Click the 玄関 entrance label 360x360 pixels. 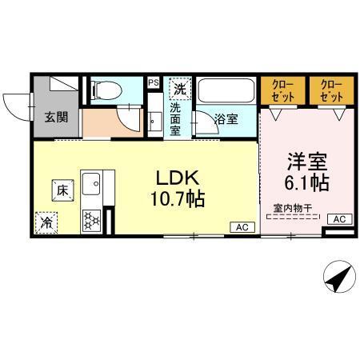[56, 118]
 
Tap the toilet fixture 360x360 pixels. [102, 90]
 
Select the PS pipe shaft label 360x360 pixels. [153, 82]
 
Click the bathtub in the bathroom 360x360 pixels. [226, 89]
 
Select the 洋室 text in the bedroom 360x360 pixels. [302, 160]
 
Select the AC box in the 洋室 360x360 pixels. [338, 218]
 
